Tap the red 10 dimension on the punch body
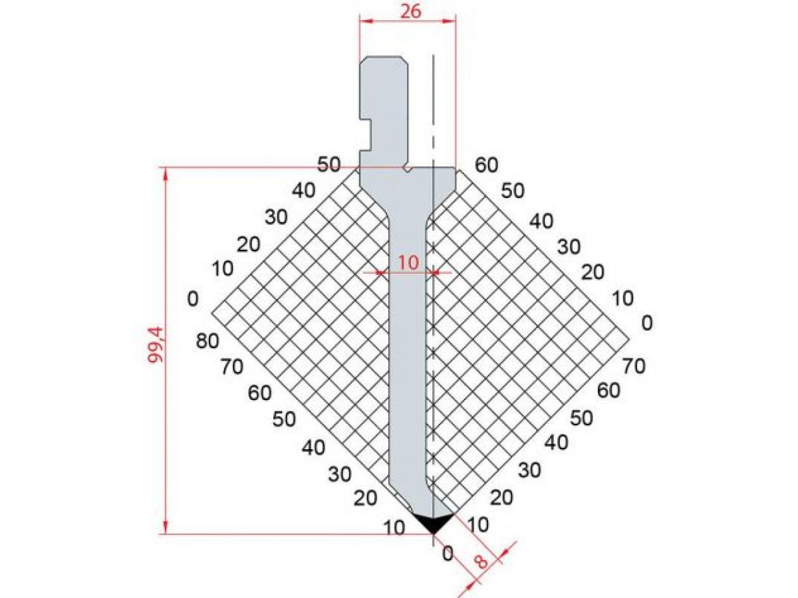tap(408, 262)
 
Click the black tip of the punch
tap(433, 522)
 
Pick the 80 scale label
tap(208, 342)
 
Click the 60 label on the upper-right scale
tap(487, 165)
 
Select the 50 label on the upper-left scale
tap(329, 164)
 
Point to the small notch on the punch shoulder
tap(406, 170)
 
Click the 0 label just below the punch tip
tap(448, 553)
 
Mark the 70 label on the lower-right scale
tap(634, 365)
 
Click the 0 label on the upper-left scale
tap(193, 299)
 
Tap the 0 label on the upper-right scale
tap(647, 323)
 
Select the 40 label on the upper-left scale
tap(303, 190)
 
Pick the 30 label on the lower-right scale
tap(530, 470)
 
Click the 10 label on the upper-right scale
tap(622, 298)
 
